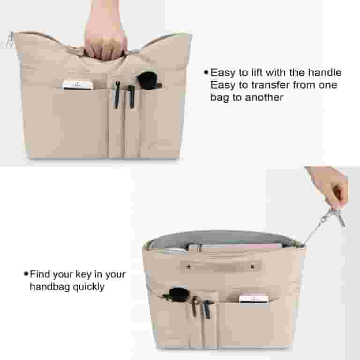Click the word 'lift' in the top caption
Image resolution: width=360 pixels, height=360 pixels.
point(254,73)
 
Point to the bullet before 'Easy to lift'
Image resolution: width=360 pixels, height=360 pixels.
point(205,73)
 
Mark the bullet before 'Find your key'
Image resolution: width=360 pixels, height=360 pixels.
point(26,274)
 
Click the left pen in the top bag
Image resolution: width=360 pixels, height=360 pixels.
point(117,94)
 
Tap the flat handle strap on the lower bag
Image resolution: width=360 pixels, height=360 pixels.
point(221,266)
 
